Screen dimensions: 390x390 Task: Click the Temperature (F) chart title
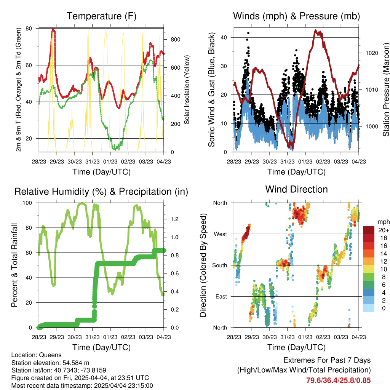[x=101, y=16]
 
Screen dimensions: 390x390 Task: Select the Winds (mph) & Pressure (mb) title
[x=296, y=16]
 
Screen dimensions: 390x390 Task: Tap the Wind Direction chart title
[x=296, y=189]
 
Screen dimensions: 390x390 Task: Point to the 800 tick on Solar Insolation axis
[x=176, y=40]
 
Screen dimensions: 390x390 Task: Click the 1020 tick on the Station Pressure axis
[x=372, y=53]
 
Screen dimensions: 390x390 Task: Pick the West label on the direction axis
[x=221, y=234]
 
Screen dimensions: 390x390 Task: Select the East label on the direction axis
[x=221, y=296]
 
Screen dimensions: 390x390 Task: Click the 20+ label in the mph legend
[x=384, y=230]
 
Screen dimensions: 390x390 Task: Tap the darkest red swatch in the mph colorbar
[x=369, y=230]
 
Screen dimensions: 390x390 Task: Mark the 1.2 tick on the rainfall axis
[x=174, y=219]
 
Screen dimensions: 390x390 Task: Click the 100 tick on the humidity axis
[x=27, y=203]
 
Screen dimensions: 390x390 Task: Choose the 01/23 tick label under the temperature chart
[x=110, y=161]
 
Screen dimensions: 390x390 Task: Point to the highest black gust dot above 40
[x=248, y=33]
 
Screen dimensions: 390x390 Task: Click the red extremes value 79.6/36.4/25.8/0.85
[x=338, y=380]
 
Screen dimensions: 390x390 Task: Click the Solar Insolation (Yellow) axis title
[x=187, y=90]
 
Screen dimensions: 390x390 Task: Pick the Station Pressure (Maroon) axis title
[x=386, y=90]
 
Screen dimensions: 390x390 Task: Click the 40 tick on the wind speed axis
[x=224, y=38]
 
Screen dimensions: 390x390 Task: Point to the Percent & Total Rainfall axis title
[x=14, y=265]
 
